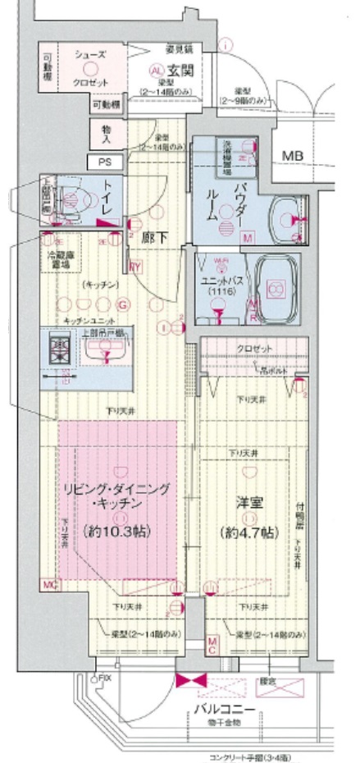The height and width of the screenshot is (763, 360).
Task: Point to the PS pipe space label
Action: pos(105,162)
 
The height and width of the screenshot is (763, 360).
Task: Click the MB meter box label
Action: pos(292,155)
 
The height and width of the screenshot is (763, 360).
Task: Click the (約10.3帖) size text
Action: pos(117,531)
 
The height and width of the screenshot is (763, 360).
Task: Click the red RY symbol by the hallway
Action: pos(134,264)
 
